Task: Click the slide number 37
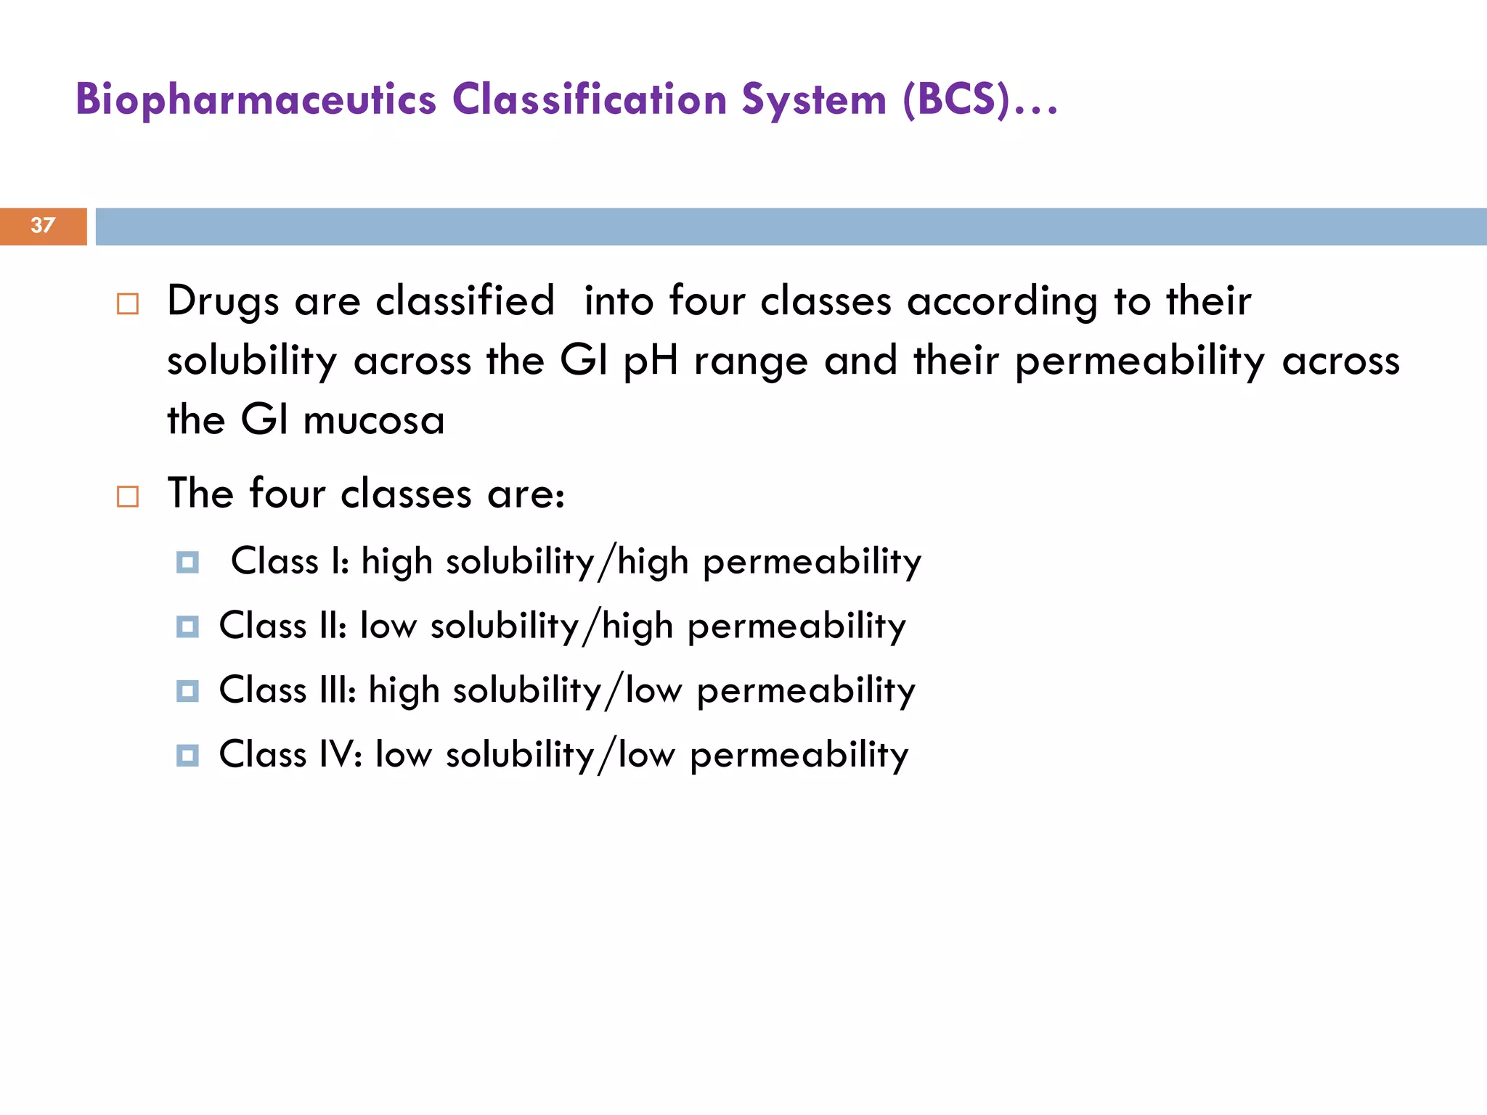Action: pos(42,226)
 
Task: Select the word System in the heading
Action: pos(814,99)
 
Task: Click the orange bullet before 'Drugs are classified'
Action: pos(128,303)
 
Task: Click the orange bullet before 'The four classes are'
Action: pos(128,497)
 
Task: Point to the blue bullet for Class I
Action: pos(187,562)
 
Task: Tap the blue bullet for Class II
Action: pos(187,626)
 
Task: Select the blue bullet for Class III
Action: pos(187,690)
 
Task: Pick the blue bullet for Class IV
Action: pos(187,755)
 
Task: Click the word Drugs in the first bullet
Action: pos(223,301)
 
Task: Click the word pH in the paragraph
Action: pos(651,361)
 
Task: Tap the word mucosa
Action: pos(374,421)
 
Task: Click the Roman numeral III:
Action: pos(338,690)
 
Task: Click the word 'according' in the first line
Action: pos(1002,301)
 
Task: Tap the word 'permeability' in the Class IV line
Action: pos(799,756)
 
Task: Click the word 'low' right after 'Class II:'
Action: pos(388,626)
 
